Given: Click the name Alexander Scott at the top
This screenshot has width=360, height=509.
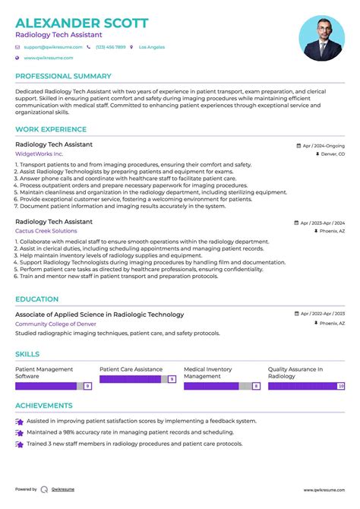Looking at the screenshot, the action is pyautogui.click(x=82, y=23).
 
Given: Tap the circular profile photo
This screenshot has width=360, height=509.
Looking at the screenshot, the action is pyautogui.click(x=322, y=39).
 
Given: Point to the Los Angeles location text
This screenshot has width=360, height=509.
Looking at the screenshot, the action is pyautogui.click(x=151, y=47).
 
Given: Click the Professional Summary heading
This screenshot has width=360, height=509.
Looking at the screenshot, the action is pyautogui.click(x=63, y=76).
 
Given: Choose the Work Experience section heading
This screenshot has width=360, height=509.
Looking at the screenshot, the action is pyautogui.click(x=51, y=130).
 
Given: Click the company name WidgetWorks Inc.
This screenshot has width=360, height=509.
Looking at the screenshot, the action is pyautogui.click(x=39, y=153).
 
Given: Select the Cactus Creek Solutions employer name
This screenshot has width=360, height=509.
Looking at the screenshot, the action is pyautogui.click(x=46, y=231).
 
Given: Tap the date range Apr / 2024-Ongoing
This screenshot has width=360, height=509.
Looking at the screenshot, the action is pyautogui.click(x=323, y=145).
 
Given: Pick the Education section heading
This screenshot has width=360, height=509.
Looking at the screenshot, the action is pyautogui.click(x=36, y=299).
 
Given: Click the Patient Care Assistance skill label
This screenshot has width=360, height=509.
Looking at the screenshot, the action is pyautogui.click(x=131, y=369).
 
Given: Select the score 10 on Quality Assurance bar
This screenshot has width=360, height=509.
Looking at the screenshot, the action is pyautogui.click(x=341, y=386).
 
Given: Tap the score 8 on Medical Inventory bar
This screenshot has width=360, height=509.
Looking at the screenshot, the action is pyautogui.click(x=256, y=386).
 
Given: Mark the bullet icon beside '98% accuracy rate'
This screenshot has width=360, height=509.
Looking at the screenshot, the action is pyautogui.click(x=19, y=432).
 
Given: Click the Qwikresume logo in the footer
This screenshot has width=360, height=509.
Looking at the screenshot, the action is pyautogui.click(x=45, y=490).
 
